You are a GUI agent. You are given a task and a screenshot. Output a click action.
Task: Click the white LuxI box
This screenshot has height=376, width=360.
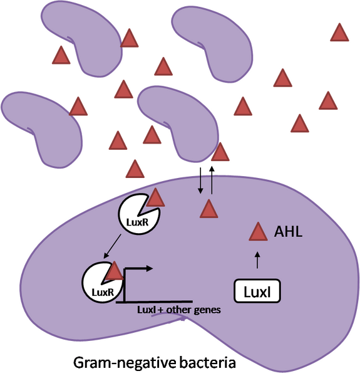(x=257, y=291)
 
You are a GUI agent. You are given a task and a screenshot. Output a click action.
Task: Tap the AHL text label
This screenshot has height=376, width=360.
(x=289, y=233)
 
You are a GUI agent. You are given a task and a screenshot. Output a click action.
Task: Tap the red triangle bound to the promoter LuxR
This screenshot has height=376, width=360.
(x=113, y=271)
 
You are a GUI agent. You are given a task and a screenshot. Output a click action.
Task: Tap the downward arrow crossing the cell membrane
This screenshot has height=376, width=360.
(x=200, y=183)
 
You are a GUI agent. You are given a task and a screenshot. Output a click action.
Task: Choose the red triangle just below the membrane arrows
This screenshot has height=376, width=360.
(x=208, y=209)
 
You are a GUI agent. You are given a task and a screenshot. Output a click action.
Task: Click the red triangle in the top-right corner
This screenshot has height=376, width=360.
(x=339, y=33)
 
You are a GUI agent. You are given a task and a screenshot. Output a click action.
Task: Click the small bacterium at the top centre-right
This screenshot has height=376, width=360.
(x=216, y=44)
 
